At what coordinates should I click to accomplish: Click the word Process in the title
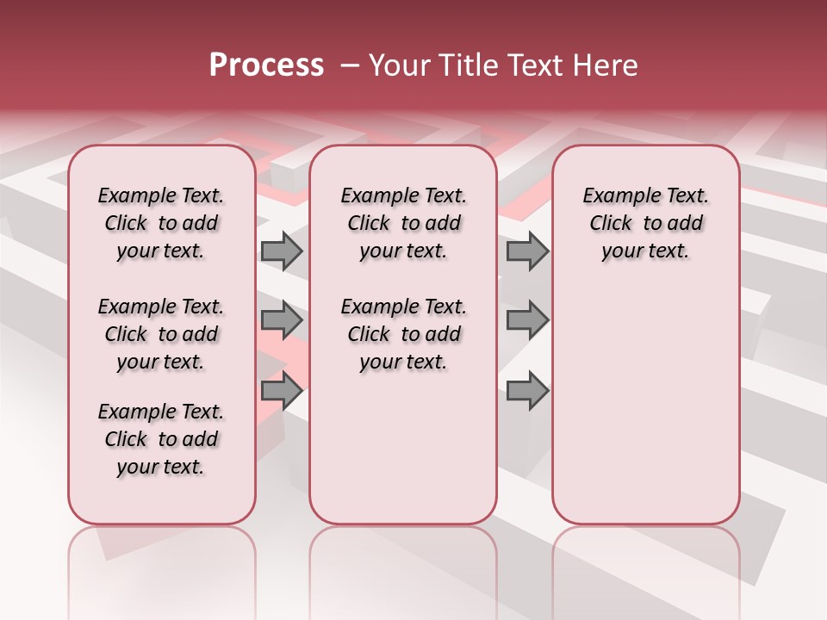coord(266,65)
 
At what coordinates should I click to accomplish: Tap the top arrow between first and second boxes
coord(282,251)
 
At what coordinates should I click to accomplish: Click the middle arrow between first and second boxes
coord(282,320)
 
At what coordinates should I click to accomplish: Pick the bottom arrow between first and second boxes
coord(282,391)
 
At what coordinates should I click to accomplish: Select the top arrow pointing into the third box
coord(527,251)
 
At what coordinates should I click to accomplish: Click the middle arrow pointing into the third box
coord(527,320)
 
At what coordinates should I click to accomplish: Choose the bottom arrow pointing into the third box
coord(527,391)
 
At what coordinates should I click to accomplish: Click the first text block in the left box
coord(161,223)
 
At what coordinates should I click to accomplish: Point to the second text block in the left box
coord(161,334)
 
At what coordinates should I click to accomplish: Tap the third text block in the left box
coord(161,439)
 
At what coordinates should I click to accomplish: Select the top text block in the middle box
coord(403,223)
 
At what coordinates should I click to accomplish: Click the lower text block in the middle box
coord(403,334)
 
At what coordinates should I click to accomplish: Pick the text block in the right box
coord(645,223)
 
